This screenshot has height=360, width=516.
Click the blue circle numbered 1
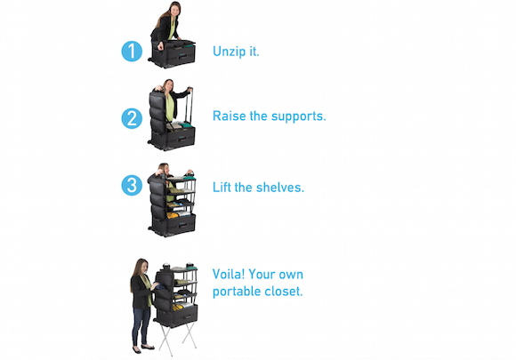(x=132, y=52)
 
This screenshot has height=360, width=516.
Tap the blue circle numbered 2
(x=132, y=118)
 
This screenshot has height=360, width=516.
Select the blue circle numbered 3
(x=132, y=185)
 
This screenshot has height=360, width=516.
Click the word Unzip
(x=227, y=52)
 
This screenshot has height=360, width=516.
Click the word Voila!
(x=229, y=274)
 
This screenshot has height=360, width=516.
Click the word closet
(x=288, y=291)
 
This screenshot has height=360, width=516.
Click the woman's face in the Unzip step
(x=175, y=10)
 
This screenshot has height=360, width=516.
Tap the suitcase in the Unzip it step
(x=173, y=54)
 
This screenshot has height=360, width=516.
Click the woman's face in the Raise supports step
(x=169, y=86)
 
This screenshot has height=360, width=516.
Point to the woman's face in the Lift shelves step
(x=165, y=169)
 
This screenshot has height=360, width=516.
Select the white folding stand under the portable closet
(x=178, y=339)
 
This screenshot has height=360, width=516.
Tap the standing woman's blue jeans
(x=141, y=326)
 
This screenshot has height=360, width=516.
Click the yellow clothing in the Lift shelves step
(x=173, y=216)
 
